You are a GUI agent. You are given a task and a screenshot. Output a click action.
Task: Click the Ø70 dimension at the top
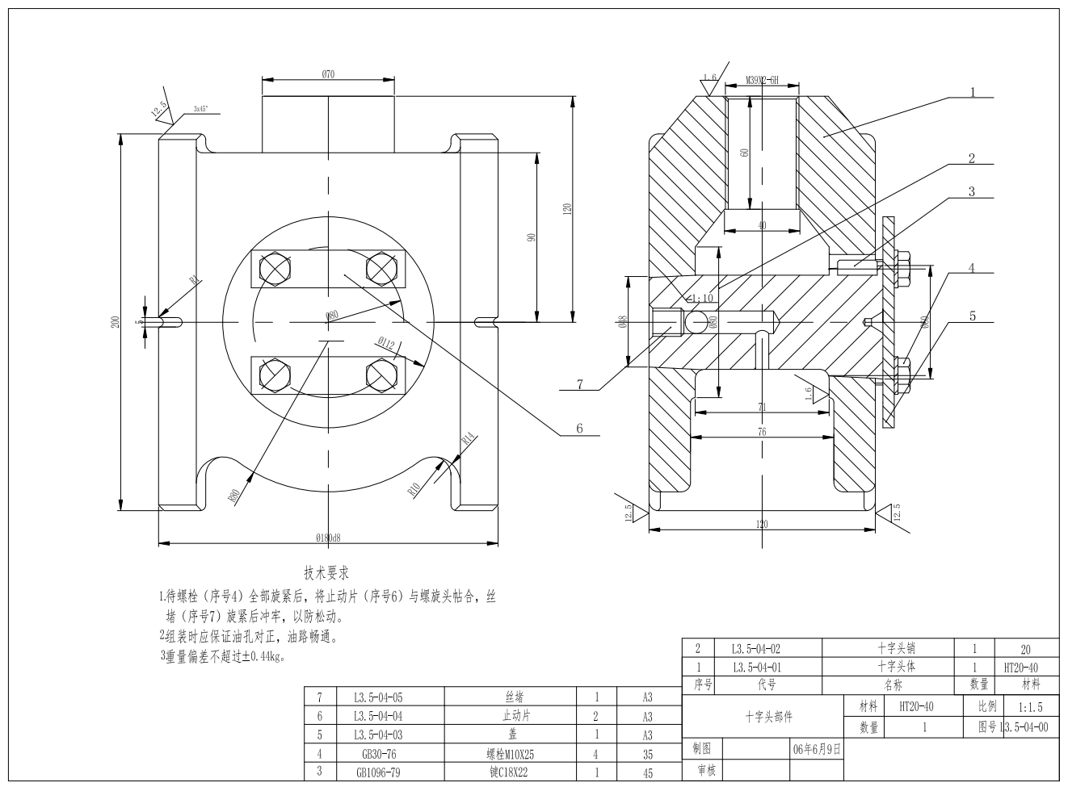(328, 73)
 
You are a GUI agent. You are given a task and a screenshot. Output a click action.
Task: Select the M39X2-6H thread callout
(761, 80)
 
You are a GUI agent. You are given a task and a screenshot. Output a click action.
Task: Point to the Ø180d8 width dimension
(329, 537)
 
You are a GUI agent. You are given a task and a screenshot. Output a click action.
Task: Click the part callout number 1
(973, 92)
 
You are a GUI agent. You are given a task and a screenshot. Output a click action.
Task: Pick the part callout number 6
(578, 429)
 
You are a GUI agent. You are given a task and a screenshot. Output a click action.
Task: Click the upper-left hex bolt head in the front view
(275, 267)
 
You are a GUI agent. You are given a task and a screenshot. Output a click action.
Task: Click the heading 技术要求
(326, 574)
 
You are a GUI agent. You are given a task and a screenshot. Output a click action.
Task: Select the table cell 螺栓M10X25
(510, 754)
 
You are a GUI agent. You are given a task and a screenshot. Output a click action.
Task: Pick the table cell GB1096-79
(374, 772)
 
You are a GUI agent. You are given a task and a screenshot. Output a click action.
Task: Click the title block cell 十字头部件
(768, 716)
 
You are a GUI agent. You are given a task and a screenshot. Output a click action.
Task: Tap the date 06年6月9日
(817, 748)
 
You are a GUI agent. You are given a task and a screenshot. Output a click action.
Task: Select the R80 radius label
(233, 495)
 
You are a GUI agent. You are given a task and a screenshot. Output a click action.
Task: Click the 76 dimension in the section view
(761, 432)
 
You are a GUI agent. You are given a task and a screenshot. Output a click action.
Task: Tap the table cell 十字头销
(896, 647)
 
